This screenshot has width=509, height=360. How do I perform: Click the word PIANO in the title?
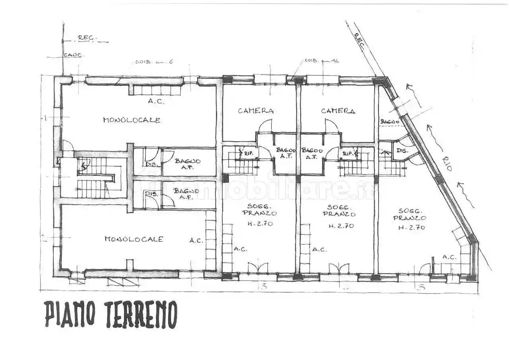pos(70,314)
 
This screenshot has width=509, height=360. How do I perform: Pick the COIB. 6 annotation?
pos(154,62)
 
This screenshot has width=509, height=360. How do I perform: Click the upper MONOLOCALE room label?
pos(132,120)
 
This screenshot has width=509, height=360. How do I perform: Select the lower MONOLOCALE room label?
pos(134,239)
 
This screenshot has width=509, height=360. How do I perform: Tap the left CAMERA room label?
pos(256,111)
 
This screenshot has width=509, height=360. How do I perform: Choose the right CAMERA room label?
pos(338,111)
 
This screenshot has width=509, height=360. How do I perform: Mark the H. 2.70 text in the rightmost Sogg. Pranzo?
pos(412,228)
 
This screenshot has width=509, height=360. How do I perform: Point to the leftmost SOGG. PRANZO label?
pos(259,210)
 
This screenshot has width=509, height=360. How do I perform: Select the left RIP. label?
pos(249,153)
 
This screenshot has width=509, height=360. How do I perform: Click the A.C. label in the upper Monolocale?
pos(156,101)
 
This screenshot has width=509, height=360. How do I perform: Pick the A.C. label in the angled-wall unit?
pos(449,257)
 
